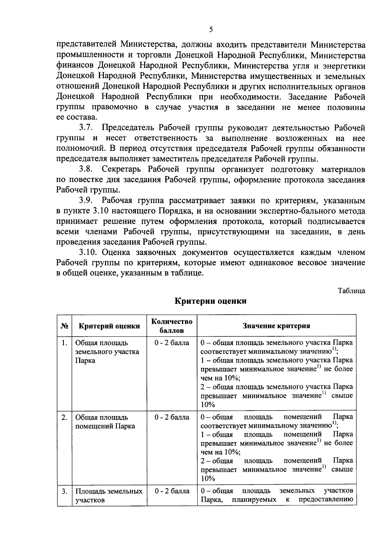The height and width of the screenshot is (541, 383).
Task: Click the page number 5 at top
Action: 211,30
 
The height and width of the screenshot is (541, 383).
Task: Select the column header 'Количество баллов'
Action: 172,326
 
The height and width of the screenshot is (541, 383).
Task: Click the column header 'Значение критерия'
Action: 276,326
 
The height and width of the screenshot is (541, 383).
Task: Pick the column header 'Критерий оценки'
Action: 109,326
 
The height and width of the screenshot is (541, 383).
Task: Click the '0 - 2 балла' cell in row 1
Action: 172,343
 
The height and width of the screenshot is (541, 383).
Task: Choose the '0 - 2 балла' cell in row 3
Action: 172,491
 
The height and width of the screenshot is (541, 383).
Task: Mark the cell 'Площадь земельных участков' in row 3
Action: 109,496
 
